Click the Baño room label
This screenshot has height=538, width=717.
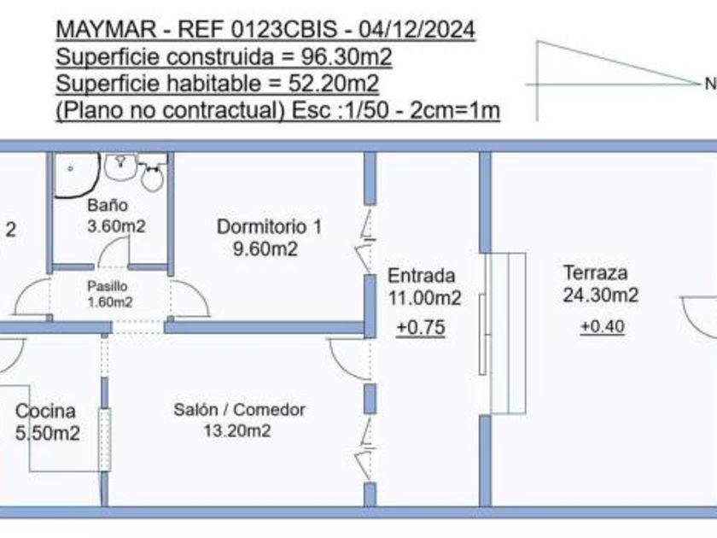(108, 206)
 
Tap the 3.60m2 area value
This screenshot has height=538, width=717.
(114, 227)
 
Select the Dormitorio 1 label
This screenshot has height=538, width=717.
(269, 227)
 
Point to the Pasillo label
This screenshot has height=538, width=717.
(108, 287)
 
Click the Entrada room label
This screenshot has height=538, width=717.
(421, 276)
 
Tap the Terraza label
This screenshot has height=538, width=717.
(596, 273)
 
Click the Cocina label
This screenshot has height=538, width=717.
(45, 412)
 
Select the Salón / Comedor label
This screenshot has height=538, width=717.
(239, 410)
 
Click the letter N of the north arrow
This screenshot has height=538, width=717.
(709, 85)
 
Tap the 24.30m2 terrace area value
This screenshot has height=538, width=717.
(601, 296)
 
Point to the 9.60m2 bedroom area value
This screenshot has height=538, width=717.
(268, 249)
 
